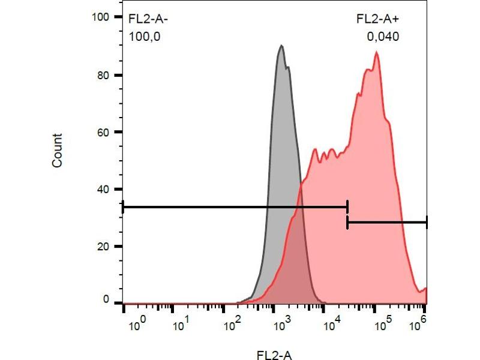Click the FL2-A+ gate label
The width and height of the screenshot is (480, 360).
click(x=378, y=19)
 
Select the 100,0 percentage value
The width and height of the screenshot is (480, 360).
click(x=145, y=37)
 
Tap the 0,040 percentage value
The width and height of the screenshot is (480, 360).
click(x=383, y=37)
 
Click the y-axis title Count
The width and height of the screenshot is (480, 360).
click(x=58, y=151)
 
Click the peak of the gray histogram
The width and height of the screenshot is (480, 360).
click(x=281, y=46)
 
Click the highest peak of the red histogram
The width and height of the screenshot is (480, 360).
click(x=376, y=53)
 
